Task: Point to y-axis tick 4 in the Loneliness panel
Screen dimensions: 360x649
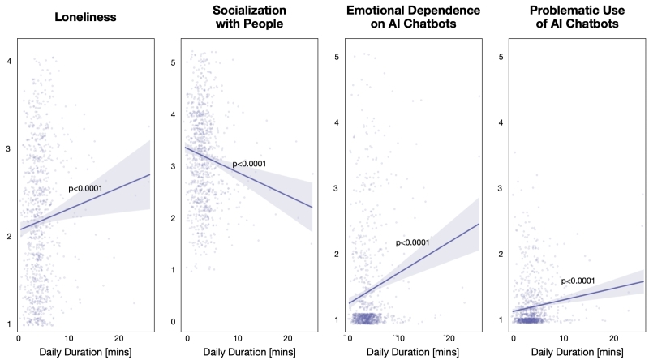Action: (x=8, y=61)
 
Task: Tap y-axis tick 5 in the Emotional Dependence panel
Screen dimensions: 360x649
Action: (x=337, y=57)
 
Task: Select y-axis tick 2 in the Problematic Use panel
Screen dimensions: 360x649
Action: (x=501, y=254)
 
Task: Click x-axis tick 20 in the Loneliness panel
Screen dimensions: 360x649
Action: (x=118, y=336)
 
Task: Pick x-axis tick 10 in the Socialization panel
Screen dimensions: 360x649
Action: (x=237, y=336)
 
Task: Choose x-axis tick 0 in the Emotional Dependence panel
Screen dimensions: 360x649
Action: (x=350, y=336)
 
